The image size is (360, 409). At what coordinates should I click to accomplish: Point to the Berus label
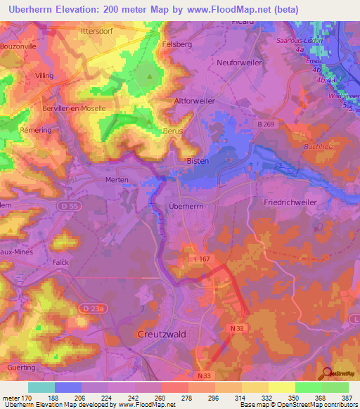coord(173,131)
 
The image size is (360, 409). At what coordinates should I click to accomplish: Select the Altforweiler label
coord(195,101)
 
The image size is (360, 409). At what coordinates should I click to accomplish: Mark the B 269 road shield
coord(264,124)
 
